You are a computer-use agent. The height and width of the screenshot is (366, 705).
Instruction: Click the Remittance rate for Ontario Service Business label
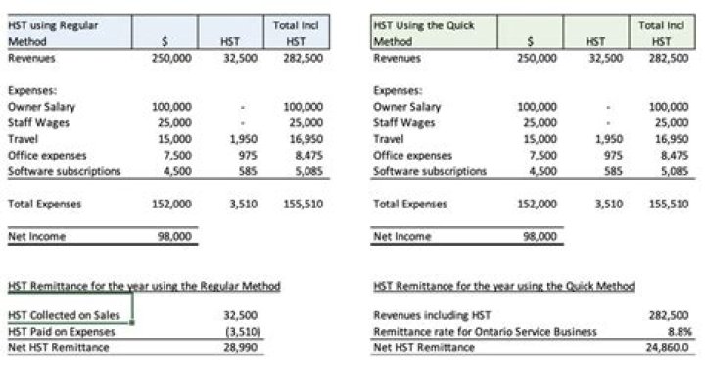point(485,332)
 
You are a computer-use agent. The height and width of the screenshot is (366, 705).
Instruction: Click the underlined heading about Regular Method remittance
point(144,285)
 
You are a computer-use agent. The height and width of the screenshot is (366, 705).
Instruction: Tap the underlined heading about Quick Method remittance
point(504,285)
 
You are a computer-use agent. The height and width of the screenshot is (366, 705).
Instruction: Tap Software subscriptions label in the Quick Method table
point(430,171)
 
